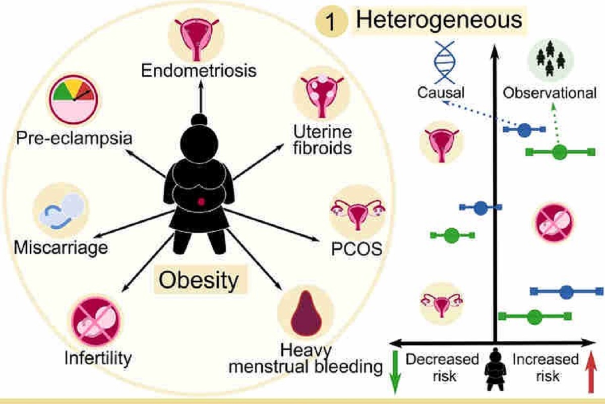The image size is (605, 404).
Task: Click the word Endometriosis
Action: (x=199, y=70)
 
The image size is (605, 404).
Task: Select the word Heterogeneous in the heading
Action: (x=439, y=21)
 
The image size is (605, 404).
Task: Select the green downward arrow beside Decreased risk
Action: (x=396, y=373)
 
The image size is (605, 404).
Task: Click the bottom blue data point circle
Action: (x=566, y=291)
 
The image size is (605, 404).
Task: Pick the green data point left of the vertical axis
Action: (x=451, y=235)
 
